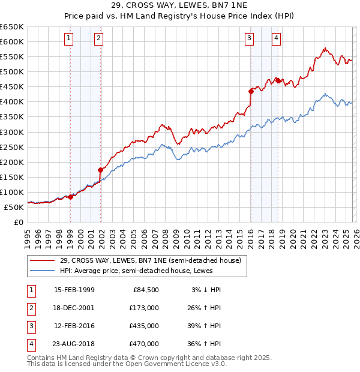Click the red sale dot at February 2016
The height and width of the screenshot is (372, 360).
click(251, 91)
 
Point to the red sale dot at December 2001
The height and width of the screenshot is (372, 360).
click(101, 170)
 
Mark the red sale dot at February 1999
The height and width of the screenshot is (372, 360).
click(71, 196)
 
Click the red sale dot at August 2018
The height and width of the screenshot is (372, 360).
click(278, 80)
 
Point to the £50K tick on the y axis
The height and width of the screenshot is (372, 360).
click(14, 207)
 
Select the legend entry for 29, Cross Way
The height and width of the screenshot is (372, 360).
click(150, 260)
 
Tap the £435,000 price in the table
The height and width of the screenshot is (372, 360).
click(143, 326)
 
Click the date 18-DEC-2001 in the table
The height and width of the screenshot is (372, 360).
click(74, 308)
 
